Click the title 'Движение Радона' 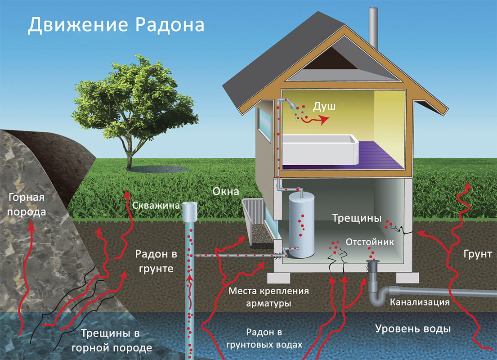pos(116,25)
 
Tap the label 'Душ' pos(324,106)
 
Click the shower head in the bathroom pos(290,104)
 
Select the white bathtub pos(320,149)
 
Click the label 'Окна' pos(226,191)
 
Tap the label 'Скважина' pos(156,206)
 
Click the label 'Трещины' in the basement pos(357,218)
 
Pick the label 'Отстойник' pos(370,242)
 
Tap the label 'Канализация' pos(420,302)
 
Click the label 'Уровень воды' pos(413,329)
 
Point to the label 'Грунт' pos(478,254)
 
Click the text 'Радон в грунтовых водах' pos(264,338)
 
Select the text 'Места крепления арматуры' pos(269,297)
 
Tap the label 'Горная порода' pos(27,205)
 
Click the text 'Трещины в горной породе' pos(112,340)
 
